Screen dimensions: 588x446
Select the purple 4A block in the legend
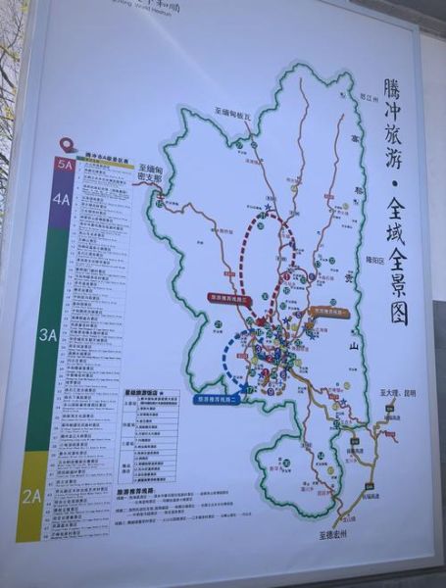point(63,199)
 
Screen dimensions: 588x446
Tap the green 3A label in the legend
point(49,334)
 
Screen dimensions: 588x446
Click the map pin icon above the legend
point(67,144)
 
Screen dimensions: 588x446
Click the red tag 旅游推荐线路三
point(230,296)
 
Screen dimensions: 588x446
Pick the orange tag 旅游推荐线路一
point(329,311)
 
